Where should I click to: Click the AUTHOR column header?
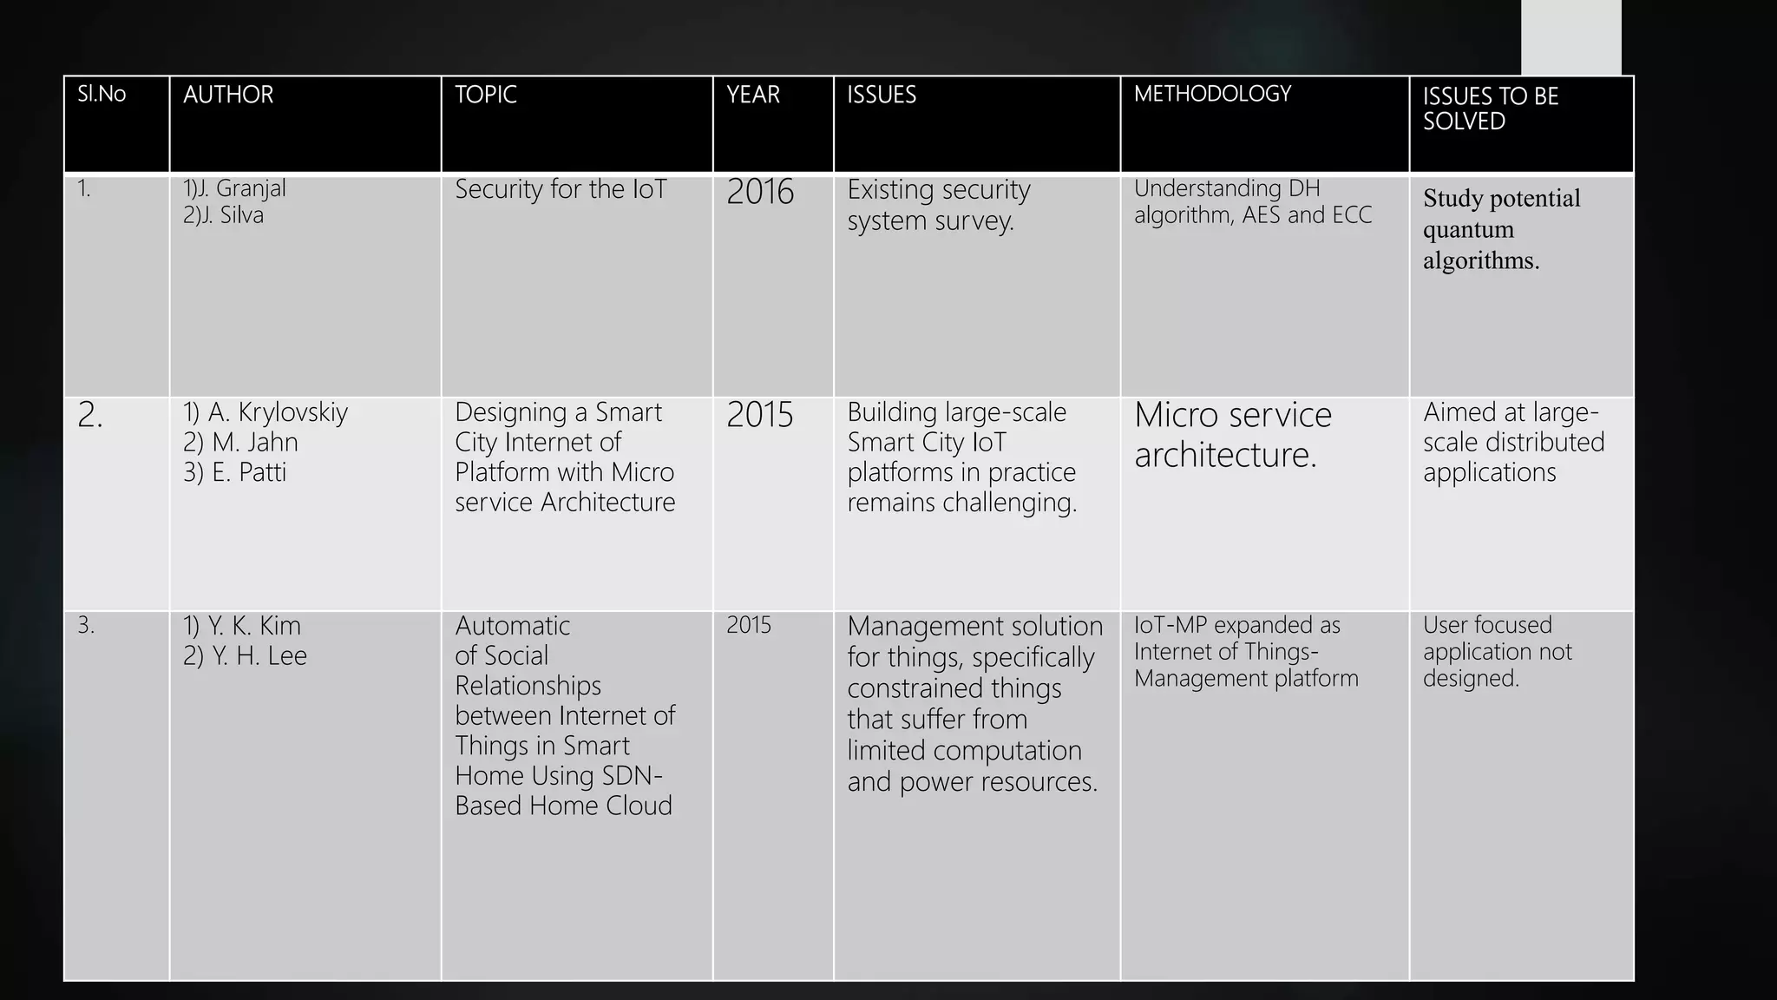[228, 95]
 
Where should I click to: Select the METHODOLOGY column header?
[1212, 94]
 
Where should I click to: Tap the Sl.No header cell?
[102, 94]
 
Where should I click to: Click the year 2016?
[759, 192]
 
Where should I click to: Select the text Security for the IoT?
[561, 189]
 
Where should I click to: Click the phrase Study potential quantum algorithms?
[1501, 229]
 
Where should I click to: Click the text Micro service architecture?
[1232, 434]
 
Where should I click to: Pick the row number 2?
[89, 416]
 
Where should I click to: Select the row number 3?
[86, 625]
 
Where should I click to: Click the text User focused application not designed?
[1497, 651]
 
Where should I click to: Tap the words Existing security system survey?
[938, 205]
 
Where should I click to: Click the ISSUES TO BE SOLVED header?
[1490, 109]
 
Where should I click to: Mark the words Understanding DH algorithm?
[1227, 201]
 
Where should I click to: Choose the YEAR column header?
[752, 95]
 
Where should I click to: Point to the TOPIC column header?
[485, 95]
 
